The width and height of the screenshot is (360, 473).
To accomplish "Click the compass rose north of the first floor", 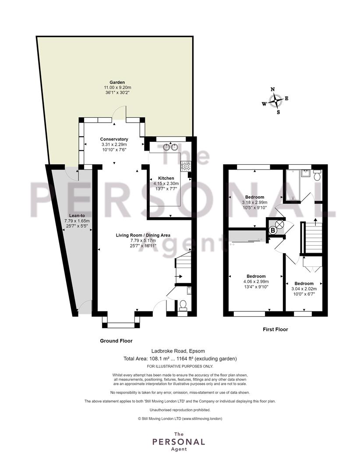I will click(275, 100).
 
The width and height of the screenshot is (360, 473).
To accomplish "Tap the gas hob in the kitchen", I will click(186, 166).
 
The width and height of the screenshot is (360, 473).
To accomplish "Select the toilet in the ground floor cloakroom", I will click(183, 305).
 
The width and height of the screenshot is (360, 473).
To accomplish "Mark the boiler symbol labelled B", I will click(272, 230).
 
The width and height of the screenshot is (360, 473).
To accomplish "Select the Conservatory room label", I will click(113, 139).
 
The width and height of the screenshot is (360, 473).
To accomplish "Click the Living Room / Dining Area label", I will click(143, 235).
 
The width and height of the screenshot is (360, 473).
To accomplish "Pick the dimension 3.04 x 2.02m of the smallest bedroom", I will click(304, 289).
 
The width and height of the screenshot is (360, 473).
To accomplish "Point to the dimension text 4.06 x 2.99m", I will click(256, 282).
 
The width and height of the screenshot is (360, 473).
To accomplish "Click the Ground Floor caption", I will click(116, 341).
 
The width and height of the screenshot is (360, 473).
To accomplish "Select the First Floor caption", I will click(275, 329).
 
